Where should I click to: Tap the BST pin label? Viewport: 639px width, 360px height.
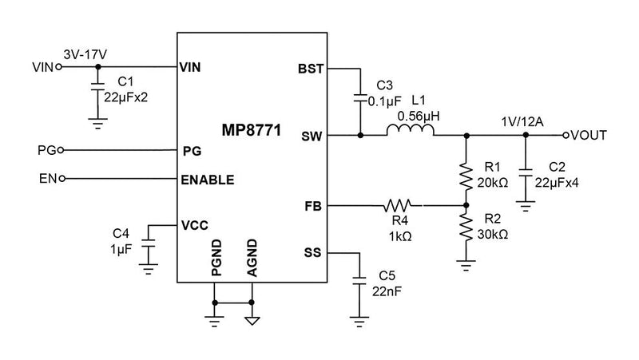point(310,69)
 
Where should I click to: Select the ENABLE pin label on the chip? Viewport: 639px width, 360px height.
point(208,179)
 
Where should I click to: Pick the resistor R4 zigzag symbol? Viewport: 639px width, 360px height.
point(399,205)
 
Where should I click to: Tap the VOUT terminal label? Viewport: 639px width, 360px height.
point(591,136)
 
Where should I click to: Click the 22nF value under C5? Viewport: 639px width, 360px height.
point(388,290)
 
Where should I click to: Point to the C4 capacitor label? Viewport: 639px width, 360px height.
point(121,233)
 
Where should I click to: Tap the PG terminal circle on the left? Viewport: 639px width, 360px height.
point(60,149)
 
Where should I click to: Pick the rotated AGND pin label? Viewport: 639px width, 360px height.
point(252,257)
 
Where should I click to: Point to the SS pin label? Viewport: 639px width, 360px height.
point(312,253)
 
